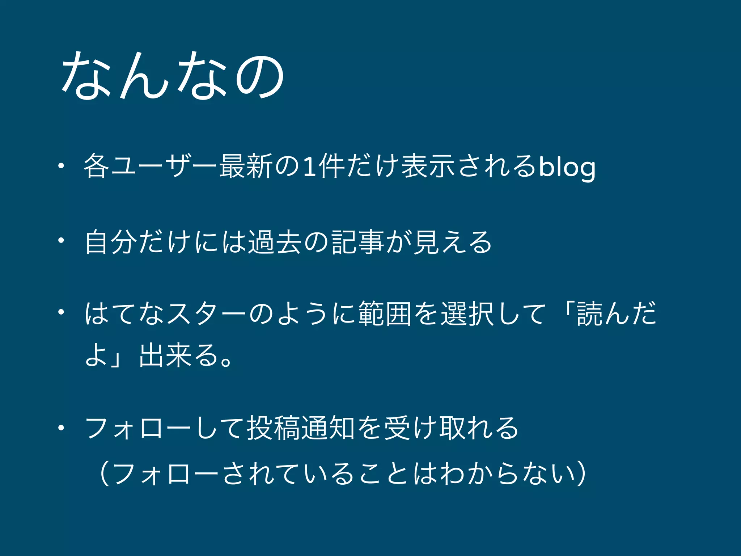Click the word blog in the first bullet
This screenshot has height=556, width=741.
click(x=567, y=168)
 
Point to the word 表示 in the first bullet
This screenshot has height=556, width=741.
click(x=428, y=167)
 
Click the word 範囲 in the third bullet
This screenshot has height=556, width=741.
click(x=385, y=313)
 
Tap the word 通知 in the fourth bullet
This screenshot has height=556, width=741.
click(x=328, y=428)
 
